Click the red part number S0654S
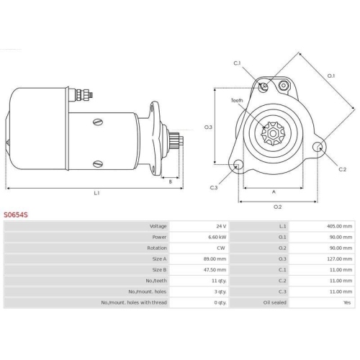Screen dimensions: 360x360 point(16,215)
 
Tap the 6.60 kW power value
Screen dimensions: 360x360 point(217,237)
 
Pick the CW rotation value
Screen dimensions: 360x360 point(221,248)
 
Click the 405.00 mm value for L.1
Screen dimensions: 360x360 point(339,226)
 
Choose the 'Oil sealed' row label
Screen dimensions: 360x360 point(274,302)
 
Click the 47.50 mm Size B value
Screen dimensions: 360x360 point(215,270)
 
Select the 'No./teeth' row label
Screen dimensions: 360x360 point(156,281)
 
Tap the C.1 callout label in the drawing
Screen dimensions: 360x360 point(237,63)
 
